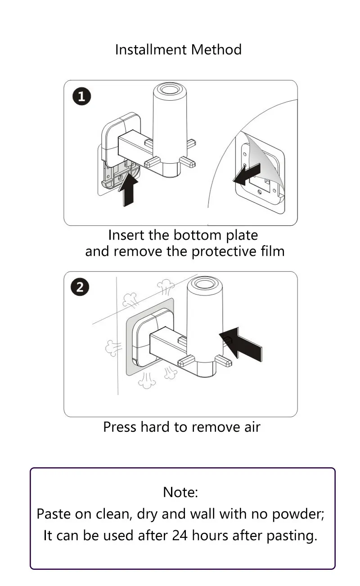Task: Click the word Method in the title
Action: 216,50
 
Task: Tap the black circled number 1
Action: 82,96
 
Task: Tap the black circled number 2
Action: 80,287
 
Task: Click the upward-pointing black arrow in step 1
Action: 128,190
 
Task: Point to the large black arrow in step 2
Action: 241,344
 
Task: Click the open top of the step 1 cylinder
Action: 170,89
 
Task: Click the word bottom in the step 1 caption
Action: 198,235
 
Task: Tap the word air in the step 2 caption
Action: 252,427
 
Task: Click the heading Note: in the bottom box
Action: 180,492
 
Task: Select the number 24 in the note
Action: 180,535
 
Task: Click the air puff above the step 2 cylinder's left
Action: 166,287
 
